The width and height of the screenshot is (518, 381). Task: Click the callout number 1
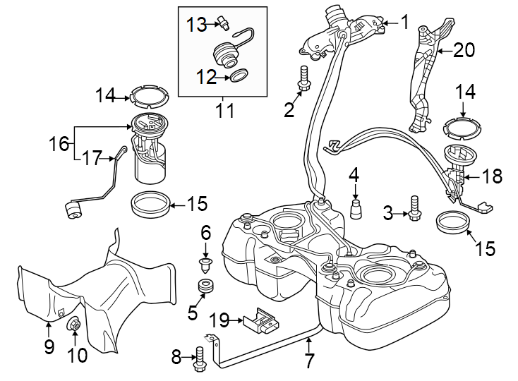(x=405, y=22)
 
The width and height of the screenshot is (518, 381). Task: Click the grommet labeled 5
(x=206, y=288)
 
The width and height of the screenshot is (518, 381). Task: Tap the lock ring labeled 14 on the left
(x=149, y=95)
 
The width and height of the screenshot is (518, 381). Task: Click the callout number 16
(x=59, y=145)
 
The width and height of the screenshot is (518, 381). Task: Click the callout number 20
(x=463, y=51)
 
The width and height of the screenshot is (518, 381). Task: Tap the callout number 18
(x=492, y=176)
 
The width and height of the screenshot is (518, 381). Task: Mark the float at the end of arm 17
(x=72, y=210)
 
